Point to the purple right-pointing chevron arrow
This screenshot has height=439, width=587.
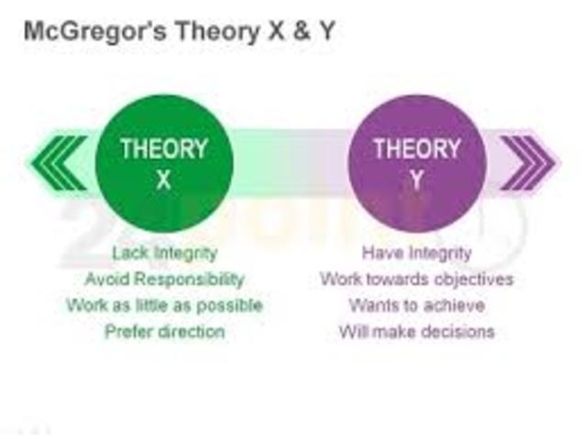tap(526, 163)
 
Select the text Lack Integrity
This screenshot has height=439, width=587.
tap(163, 252)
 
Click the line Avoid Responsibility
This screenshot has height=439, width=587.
tap(164, 279)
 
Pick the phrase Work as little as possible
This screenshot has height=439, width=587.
tap(164, 305)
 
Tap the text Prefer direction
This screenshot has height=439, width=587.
tap(163, 331)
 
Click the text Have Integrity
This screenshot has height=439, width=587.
tap(416, 252)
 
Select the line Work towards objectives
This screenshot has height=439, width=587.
tap(416, 279)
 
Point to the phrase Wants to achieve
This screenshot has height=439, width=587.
tap(416, 305)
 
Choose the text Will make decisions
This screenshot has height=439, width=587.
tap(416, 331)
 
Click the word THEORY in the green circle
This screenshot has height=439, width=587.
tap(164, 148)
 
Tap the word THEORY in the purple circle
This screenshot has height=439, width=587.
tap(416, 148)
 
